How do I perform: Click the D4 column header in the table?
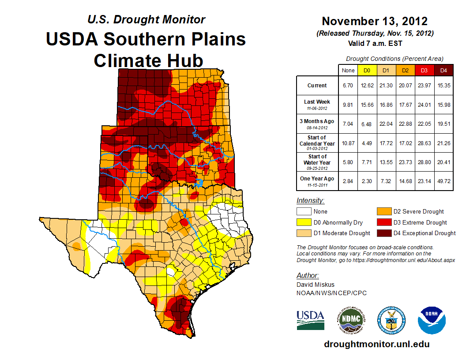pos(443,70)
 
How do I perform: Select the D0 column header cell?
pos(367,70)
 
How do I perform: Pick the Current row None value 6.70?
pos(348,86)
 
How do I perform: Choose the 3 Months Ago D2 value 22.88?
pos(405,124)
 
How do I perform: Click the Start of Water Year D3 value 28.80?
pos(424,162)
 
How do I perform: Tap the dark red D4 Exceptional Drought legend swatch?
pos(383,233)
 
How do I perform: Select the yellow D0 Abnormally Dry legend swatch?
pos(304,222)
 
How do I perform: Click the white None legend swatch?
pos(304,212)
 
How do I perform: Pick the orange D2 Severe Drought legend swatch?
pos(383,212)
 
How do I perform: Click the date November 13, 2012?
pos(375,21)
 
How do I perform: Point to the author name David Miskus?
pos(315,285)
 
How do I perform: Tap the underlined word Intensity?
pos(310,201)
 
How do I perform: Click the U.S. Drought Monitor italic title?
pos(146,19)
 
